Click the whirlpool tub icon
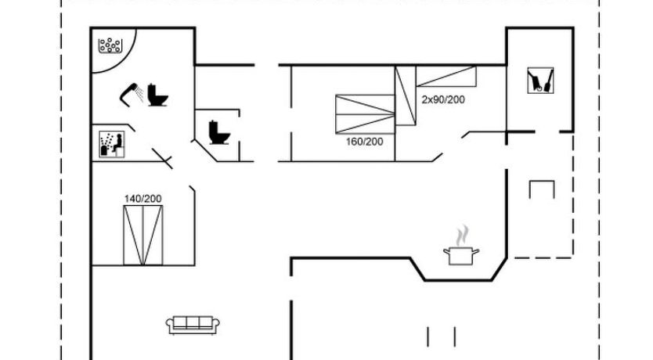point(110,45)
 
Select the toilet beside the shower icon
point(158,95)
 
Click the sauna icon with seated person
point(112,145)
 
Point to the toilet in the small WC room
point(219,132)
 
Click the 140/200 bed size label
point(143,199)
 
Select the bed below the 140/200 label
point(143,235)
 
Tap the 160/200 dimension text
point(364,142)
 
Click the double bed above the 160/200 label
point(365,114)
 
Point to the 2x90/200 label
point(443,100)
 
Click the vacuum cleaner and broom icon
point(540,81)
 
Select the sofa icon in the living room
point(193,325)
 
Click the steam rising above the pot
point(462,236)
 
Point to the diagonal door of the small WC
point(205,151)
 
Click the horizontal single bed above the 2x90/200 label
point(446,77)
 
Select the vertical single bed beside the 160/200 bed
point(406,95)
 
